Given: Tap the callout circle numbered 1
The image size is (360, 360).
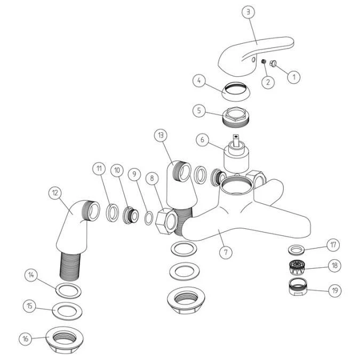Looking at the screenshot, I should [293, 77].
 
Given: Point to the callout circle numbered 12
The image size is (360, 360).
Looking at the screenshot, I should [54, 193].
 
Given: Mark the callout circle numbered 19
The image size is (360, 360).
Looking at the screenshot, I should [334, 290].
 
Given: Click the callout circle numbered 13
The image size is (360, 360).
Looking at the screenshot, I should [160, 135].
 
